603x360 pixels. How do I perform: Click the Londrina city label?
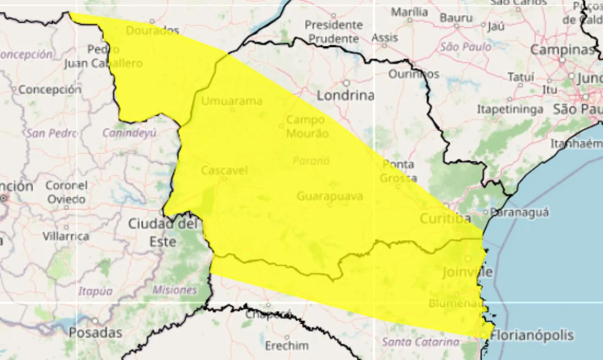(x=345, y=96)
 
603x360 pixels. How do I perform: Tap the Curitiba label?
(x=445, y=219)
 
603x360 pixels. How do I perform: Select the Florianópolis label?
(x=532, y=335)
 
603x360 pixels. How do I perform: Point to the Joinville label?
(x=468, y=272)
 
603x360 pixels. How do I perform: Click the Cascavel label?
(x=224, y=171)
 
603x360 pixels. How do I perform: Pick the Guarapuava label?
(x=330, y=196)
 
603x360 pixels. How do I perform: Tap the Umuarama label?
(x=232, y=101)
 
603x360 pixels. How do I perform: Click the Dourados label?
(x=153, y=31)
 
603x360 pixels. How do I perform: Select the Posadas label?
(x=96, y=332)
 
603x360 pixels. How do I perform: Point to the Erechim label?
(x=286, y=346)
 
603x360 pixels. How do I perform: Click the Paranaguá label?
(x=520, y=213)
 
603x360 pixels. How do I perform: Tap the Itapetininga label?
(x=510, y=109)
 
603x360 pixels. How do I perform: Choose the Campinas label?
(x=562, y=49)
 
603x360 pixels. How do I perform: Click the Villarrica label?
(x=66, y=236)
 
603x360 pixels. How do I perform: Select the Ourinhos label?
(x=414, y=74)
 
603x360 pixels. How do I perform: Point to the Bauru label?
(x=456, y=18)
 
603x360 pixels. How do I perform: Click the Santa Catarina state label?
(x=420, y=342)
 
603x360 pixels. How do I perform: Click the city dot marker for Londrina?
(x=346, y=83)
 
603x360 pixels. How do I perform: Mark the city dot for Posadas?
(x=95, y=321)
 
